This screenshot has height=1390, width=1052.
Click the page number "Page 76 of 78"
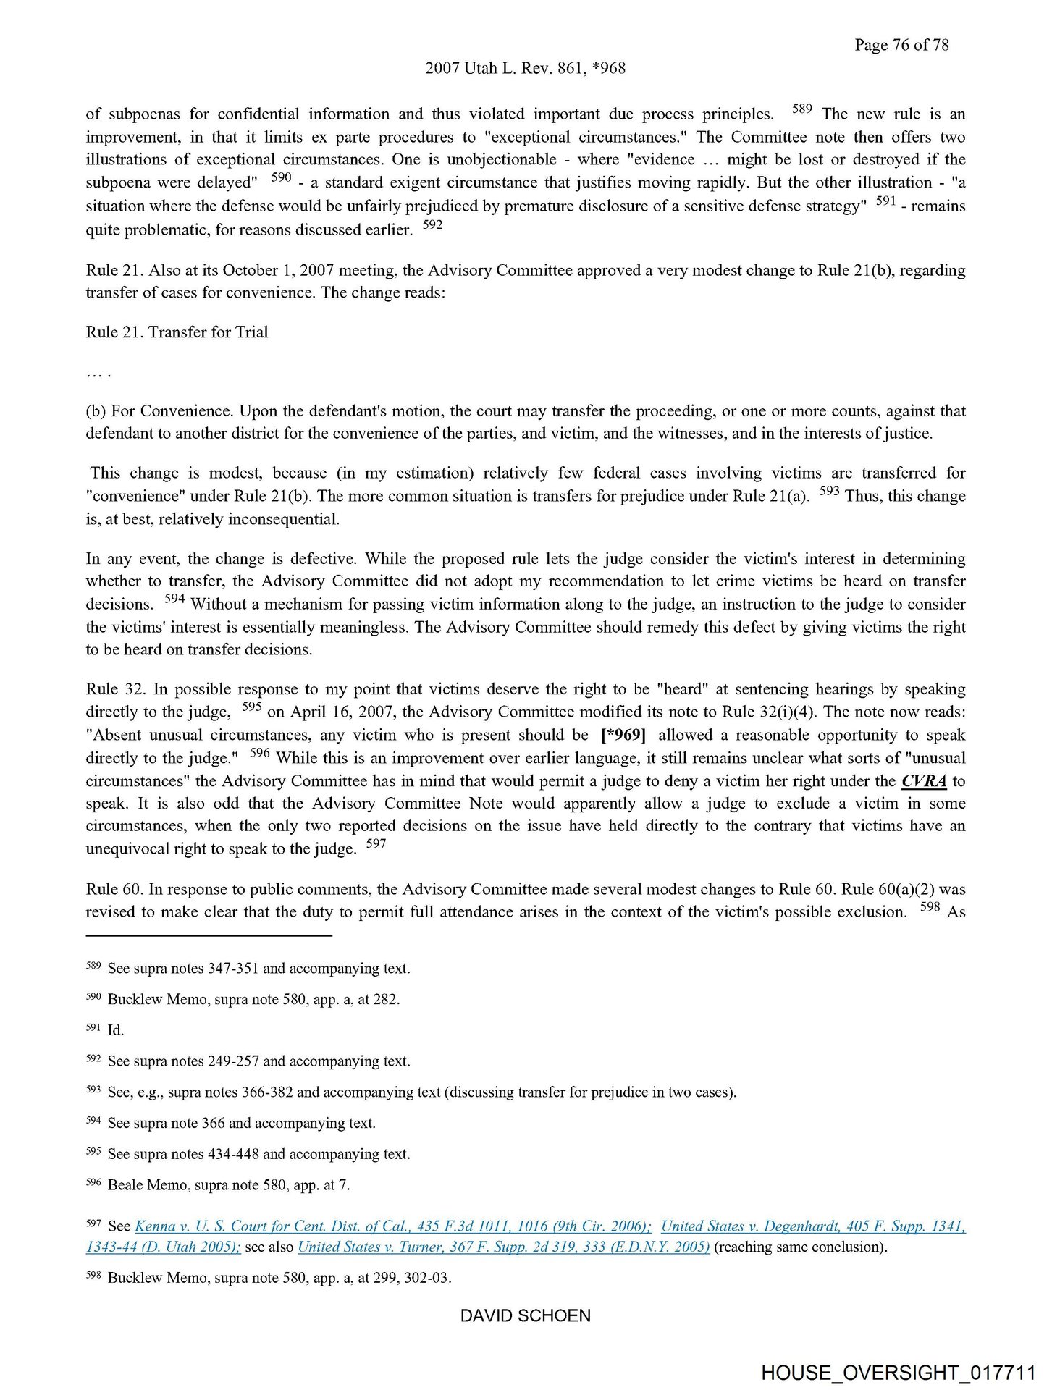(901, 45)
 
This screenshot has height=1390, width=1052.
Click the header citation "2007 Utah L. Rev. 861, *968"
(525, 68)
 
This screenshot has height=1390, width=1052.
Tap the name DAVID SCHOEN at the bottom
(525, 1315)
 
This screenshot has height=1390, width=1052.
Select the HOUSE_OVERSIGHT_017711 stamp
(898, 1373)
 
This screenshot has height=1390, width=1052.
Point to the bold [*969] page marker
(623, 735)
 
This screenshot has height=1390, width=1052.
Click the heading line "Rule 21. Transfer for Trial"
(177, 332)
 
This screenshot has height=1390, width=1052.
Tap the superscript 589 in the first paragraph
(801, 109)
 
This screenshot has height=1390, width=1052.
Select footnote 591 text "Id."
(116, 1030)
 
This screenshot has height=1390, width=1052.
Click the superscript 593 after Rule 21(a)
(829, 492)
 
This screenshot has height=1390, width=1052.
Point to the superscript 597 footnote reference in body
(376, 844)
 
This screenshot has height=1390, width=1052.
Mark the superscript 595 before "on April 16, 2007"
(251, 707)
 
